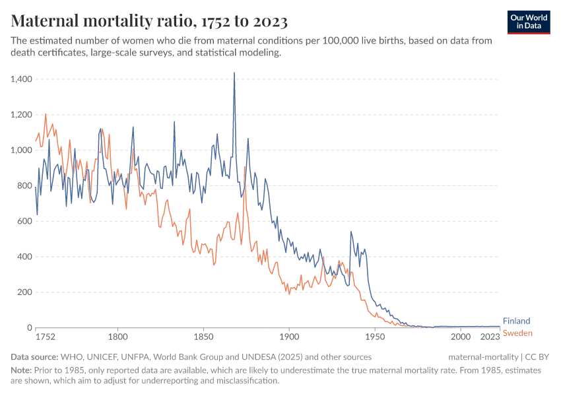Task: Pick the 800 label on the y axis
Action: pyautogui.click(x=24, y=186)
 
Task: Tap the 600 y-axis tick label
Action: pyautogui.click(x=24, y=221)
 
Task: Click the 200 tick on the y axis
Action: pyautogui.click(x=24, y=292)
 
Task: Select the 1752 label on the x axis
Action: pyautogui.click(x=45, y=337)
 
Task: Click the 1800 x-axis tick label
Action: pyautogui.click(x=117, y=337)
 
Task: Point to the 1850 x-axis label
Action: pyautogui.click(x=203, y=337)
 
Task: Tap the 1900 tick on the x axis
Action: pyautogui.click(x=289, y=337)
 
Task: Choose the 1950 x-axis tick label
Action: pyautogui.click(x=375, y=337)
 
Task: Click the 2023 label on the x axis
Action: pyautogui.click(x=489, y=337)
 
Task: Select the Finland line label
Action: pyautogui.click(x=516, y=321)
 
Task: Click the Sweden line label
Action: pyautogui.click(x=517, y=333)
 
